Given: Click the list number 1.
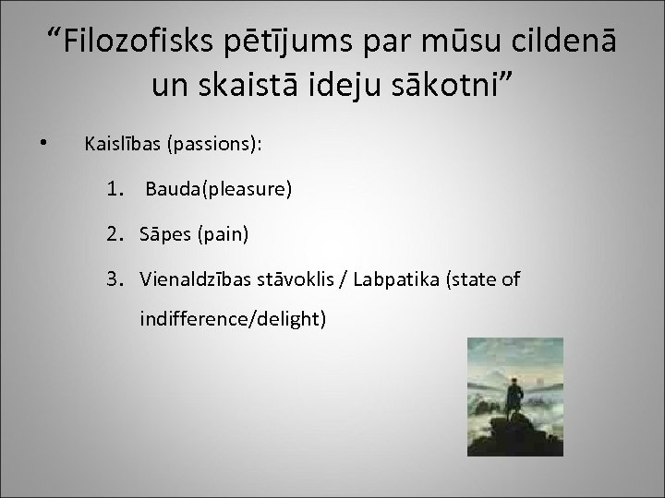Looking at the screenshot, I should tap(114, 190).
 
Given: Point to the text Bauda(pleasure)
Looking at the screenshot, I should tap(218, 190).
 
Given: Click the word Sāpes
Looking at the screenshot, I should tap(164, 235).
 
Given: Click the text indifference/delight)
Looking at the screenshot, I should tap(232, 320).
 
